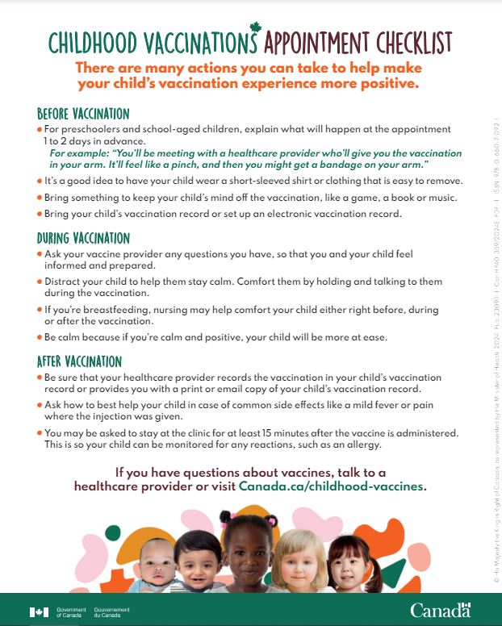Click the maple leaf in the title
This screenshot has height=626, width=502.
click(257, 30)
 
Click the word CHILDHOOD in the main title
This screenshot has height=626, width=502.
click(91, 42)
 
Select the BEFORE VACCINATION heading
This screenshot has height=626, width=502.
click(83, 113)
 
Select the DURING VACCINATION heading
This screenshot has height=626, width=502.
click(83, 238)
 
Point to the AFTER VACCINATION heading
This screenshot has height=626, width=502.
click(78, 361)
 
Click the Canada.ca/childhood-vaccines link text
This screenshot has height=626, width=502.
click(331, 486)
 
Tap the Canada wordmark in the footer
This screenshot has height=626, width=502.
click(440, 610)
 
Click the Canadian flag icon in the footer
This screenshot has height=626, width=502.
click(39, 611)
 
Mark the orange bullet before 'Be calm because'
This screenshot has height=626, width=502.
click(40, 337)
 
